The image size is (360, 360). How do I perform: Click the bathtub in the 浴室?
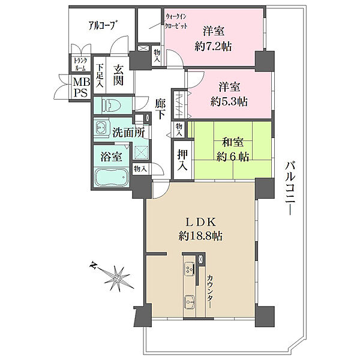click(x=111, y=177)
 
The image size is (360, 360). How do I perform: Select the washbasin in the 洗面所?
click(x=101, y=128)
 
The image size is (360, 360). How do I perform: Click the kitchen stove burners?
click(x=190, y=269)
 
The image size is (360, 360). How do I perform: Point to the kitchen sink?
click(x=190, y=302)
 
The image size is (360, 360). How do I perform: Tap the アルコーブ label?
click(x=102, y=25)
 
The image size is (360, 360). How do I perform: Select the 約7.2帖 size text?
click(x=213, y=47)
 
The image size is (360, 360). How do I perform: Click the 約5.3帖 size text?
click(x=229, y=102)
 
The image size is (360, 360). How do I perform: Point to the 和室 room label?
click(x=233, y=142)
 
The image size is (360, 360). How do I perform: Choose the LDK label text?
click(x=200, y=222)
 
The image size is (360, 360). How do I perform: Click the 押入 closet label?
click(x=182, y=160)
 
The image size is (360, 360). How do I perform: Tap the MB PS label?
click(x=81, y=87)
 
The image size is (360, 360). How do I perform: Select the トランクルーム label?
click(x=80, y=64)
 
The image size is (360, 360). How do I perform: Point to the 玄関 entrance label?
click(x=118, y=75)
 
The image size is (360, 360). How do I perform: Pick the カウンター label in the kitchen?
click(x=210, y=292)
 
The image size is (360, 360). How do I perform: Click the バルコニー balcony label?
click(x=290, y=188)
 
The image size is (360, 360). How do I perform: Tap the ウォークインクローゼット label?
click(x=176, y=21)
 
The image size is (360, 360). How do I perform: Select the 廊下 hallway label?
click(x=160, y=109)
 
